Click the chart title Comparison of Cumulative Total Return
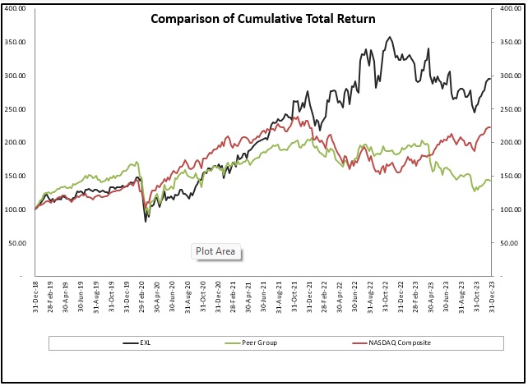[263, 18]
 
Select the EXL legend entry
[144, 342]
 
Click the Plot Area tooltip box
[216, 251]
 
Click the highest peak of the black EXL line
[389, 37]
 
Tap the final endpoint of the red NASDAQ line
[491, 127]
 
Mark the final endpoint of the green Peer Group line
[491, 181]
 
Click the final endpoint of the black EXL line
[491, 79]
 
